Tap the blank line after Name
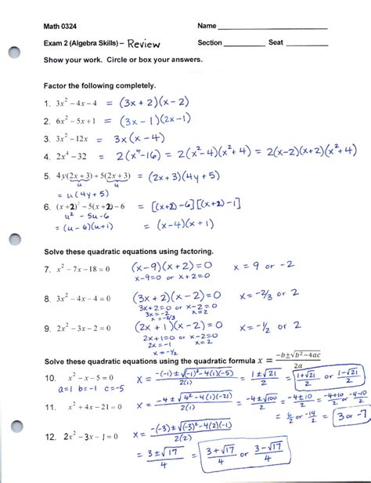click(273, 30)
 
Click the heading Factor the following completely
click(99, 85)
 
